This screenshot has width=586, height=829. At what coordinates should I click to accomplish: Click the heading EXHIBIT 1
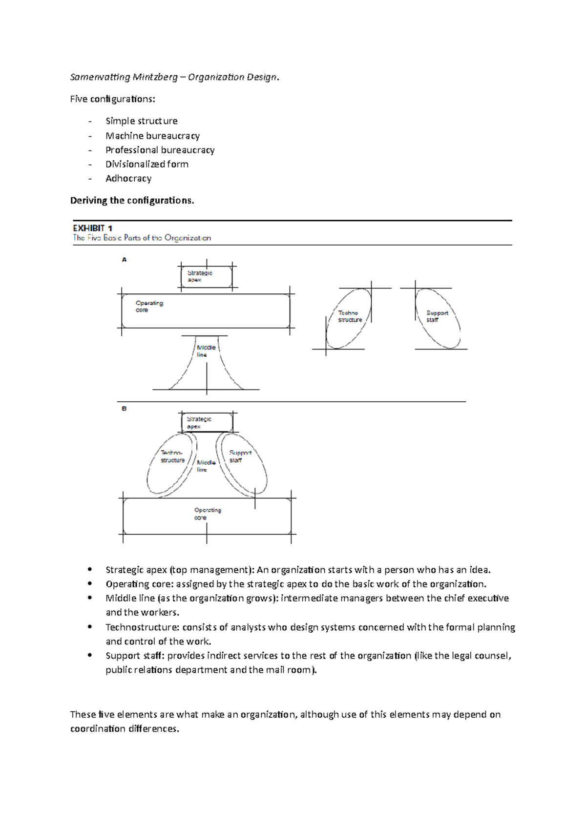point(93,228)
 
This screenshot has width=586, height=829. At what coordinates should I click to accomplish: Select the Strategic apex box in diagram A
point(207,277)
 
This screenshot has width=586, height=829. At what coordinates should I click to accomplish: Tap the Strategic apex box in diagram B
point(207,422)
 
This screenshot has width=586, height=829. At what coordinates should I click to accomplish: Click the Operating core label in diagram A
point(149,307)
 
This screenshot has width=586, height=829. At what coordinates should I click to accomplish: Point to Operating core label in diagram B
point(208,514)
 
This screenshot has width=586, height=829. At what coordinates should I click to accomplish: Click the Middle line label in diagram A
point(206,351)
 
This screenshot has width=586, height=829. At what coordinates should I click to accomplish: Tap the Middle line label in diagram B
point(206,466)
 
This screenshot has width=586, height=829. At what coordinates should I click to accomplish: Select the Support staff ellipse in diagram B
point(243,464)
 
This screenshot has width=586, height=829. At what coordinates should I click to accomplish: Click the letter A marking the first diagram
point(124,260)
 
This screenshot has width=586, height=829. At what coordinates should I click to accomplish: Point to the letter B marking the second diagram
point(124,408)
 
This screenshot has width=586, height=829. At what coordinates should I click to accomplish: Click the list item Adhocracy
point(128,178)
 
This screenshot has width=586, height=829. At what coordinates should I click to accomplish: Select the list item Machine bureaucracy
point(152,136)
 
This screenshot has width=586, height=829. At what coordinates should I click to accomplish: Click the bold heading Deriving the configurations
point(132,200)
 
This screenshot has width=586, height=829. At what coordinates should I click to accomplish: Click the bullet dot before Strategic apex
point(89,569)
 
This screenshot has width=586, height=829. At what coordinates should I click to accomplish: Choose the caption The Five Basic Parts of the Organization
point(142,238)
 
